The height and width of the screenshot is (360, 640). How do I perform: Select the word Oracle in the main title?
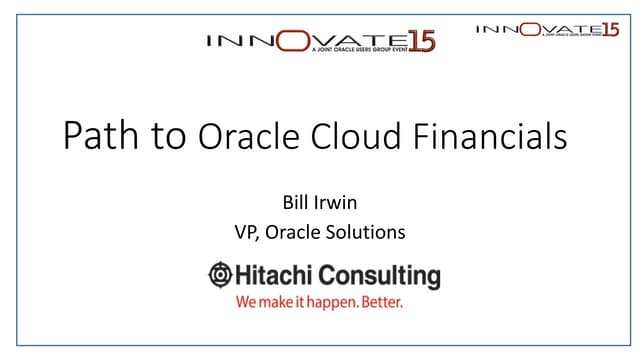(x=240, y=136)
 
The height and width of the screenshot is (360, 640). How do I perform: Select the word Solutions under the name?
(x=370, y=232)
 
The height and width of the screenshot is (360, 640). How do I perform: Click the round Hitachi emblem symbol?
(x=219, y=275)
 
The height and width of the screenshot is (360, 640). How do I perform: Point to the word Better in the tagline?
(x=381, y=300)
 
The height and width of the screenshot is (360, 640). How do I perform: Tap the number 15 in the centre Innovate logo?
(x=421, y=42)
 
